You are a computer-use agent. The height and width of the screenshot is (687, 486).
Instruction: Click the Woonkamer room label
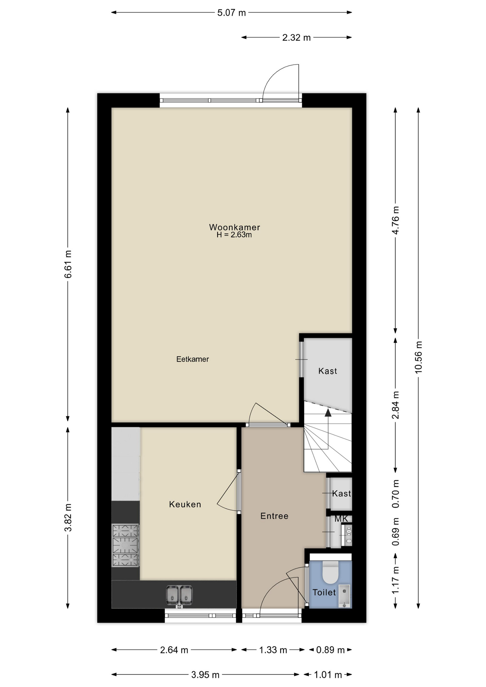point(234,227)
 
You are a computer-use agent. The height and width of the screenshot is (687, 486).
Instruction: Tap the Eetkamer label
point(193,359)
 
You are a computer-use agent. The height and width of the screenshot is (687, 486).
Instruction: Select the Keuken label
point(185,505)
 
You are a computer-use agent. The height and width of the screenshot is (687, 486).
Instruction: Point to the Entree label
point(274,516)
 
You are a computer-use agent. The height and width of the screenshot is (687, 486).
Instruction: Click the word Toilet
point(324,593)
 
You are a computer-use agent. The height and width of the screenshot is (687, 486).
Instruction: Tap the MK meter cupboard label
point(341,519)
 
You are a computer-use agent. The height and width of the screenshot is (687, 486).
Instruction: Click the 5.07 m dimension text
point(232,13)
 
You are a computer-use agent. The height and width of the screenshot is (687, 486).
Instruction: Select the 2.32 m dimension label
point(296,38)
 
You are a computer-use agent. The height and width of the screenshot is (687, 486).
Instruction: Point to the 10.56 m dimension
point(418,357)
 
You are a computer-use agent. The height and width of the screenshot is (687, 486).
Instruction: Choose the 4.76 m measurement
point(395,220)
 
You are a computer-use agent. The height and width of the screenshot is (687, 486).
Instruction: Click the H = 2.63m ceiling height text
point(234,235)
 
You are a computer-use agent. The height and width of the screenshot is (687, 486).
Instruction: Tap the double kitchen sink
point(179,594)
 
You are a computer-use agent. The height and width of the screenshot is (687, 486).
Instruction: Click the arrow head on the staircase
point(328,413)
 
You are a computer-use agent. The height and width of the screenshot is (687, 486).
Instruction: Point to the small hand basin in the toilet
point(344,596)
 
